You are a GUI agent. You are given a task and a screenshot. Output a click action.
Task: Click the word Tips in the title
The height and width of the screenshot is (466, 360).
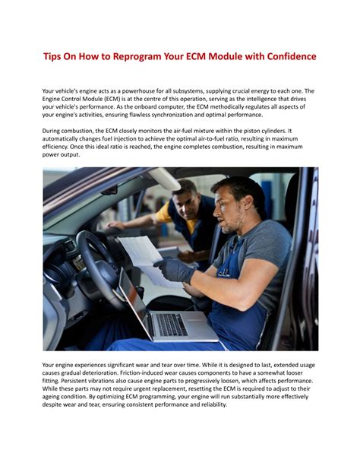click(x=52, y=57)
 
